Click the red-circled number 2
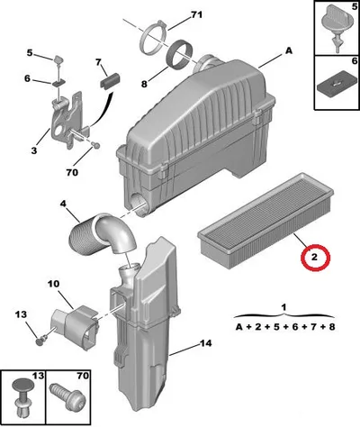(315, 257)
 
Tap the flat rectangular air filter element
(265, 222)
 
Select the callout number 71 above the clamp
(196, 14)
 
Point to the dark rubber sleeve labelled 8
(181, 54)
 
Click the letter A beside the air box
(288, 51)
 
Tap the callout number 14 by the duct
(205, 343)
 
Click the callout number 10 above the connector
(53, 284)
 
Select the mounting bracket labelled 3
(67, 120)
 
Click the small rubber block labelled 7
(110, 80)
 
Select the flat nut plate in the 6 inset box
(334, 86)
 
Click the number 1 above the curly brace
(283, 307)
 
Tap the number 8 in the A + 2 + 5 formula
(331, 327)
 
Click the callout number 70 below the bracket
(72, 172)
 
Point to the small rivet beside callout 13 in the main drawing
(40, 341)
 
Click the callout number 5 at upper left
(30, 53)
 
